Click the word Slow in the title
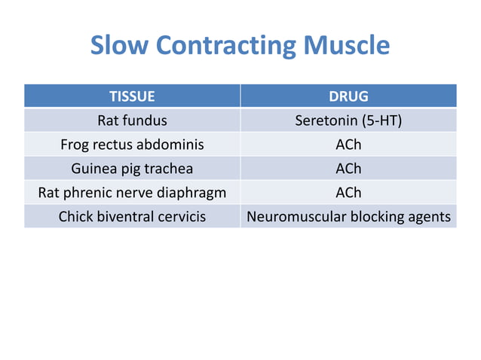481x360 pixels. [120, 47]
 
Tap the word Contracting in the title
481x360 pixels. [226, 47]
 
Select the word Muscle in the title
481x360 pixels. [347, 47]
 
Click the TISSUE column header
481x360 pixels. [132, 96]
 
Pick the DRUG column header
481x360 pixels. [348, 96]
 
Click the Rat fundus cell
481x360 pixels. [132, 120]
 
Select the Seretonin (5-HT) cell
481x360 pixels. [348, 120]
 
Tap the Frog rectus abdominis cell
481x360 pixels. [132, 144]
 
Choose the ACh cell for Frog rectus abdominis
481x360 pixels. [348, 144]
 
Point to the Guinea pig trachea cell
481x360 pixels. [132, 168]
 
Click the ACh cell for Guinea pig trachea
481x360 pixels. [348, 168]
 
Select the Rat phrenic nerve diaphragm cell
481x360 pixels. [132, 193]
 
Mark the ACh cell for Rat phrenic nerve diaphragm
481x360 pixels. [348, 193]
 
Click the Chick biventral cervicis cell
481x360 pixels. [132, 217]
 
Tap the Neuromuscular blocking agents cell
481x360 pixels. [348, 217]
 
